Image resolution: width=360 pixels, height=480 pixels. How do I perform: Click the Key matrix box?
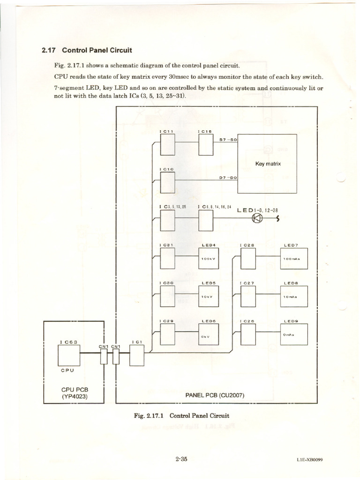[x=267, y=164]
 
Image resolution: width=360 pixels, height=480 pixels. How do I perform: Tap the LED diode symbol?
[x=257, y=218]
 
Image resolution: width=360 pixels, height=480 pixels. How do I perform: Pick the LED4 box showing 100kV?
[x=209, y=258]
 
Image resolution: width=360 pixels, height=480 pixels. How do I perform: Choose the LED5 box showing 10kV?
[x=209, y=296]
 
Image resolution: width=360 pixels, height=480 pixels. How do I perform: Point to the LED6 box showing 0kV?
[x=209, y=335]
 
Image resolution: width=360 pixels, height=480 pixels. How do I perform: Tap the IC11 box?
[x=167, y=144]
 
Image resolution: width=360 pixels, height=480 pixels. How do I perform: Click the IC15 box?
[x=206, y=144]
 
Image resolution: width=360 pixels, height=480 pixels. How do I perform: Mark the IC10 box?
[x=167, y=182]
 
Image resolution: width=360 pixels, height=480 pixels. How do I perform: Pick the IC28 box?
[x=248, y=258]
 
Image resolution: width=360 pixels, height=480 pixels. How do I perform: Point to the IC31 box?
[x=167, y=258]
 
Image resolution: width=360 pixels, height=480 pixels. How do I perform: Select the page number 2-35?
[x=181, y=459]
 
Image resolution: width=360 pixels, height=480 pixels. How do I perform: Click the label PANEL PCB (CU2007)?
[x=215, y=395]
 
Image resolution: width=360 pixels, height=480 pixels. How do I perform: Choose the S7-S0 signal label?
[x=229, y=140]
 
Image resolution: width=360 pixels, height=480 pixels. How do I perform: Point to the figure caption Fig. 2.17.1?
[x=180, y=415]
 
